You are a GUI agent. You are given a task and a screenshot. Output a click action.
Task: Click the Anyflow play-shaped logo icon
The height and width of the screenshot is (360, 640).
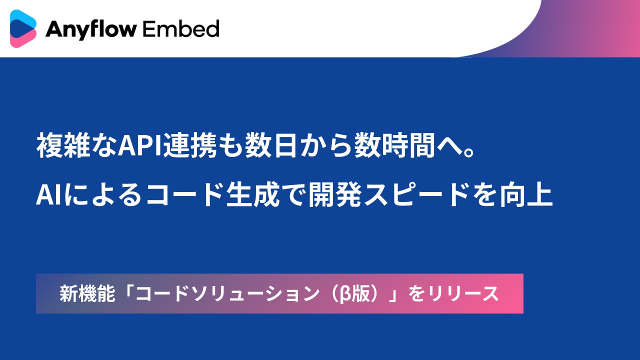(x=23, y=28)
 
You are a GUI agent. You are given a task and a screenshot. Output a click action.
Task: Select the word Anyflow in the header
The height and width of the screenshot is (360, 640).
(x=91, y=29)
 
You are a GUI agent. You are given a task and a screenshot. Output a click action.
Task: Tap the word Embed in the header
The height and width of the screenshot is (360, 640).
(x=180, y=28)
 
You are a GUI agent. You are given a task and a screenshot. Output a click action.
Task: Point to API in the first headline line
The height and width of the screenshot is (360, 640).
(x=140, y=145)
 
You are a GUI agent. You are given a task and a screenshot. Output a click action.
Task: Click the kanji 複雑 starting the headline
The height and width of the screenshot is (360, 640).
(x=63, y=145)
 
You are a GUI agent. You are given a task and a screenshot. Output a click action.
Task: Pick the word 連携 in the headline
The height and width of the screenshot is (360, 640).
(x=190, y=145)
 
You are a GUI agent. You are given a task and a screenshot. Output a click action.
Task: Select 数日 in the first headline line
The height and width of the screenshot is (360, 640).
(x=271, y=145)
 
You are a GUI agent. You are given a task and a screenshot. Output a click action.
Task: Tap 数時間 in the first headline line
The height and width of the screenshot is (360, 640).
(x=395, y=145)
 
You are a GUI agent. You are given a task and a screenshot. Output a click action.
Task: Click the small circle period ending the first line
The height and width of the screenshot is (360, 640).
(x=468, y=151)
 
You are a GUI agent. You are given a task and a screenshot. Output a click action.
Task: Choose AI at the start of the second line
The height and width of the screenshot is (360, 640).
(x=48, y=194)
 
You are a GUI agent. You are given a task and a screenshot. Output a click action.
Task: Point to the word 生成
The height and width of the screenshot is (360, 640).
(x=252, y=194)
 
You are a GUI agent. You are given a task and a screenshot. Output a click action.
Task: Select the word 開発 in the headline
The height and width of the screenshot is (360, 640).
(x=335, y=194)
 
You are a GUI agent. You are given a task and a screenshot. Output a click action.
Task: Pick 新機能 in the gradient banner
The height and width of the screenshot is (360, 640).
(x=87, y=293)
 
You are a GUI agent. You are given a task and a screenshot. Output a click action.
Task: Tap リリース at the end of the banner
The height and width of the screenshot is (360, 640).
(x=463, y=293)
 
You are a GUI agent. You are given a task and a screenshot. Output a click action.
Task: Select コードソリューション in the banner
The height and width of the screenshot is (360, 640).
(x=227, y=294)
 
